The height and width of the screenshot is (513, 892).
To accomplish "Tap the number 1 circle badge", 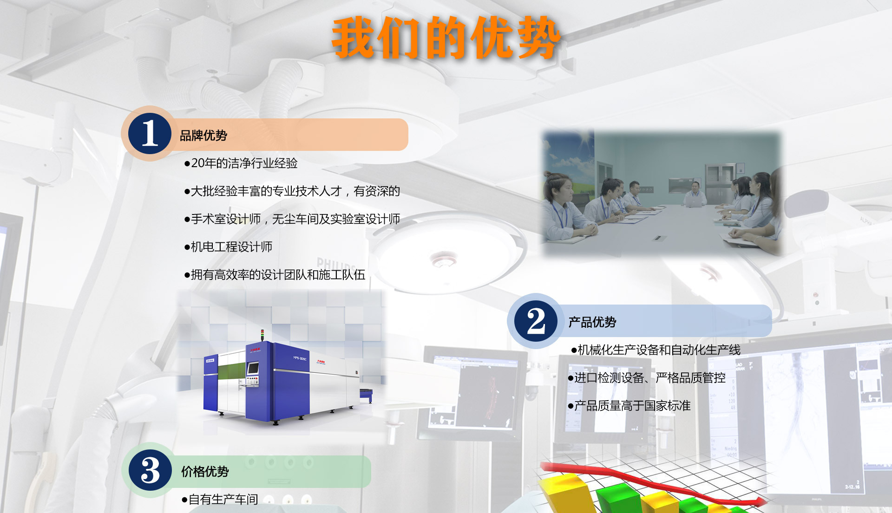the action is coord(150,134).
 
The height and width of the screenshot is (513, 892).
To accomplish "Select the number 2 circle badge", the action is coord(536,321).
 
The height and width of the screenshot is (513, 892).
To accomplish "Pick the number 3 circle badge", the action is coord(150,470).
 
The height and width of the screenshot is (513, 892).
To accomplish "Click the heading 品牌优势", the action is coord(203,136).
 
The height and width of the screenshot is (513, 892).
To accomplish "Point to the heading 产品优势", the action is coord(592,322).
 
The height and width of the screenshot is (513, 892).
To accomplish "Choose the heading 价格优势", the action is coord(205,472).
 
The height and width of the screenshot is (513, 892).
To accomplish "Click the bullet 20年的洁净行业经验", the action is coord(241,163).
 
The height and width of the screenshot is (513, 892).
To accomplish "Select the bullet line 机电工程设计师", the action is coord(229,247).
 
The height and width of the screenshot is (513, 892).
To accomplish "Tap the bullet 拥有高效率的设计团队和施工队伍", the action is coord(275,275).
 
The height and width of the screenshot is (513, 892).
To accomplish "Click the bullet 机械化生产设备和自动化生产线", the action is coord(656,350).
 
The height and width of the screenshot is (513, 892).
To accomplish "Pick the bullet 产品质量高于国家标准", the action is coord(630,406).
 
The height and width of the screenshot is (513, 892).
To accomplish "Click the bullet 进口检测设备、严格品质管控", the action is coord(647,378).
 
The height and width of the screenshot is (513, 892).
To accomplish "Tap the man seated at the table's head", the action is coord(695,195).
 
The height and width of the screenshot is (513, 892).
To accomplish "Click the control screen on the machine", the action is coord(253,368).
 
